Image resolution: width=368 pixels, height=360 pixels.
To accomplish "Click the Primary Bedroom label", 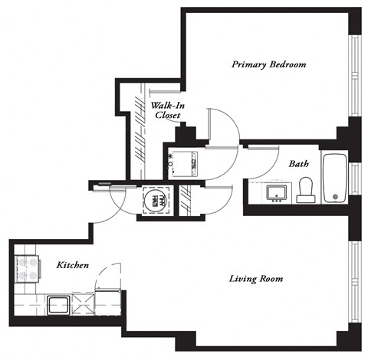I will [x=269, y=65].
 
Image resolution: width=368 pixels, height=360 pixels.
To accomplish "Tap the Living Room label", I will [x=257, y=279].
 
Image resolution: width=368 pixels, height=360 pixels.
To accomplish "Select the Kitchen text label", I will [x=73, y=265].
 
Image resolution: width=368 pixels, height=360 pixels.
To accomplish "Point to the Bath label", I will [x=299, y=164].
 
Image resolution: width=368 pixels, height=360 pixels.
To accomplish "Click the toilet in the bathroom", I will [x=305, y=188].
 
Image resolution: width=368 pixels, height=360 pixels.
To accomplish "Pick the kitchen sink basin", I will [x=57, y=305].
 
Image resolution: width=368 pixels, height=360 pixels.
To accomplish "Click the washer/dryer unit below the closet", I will [x=182, y=162].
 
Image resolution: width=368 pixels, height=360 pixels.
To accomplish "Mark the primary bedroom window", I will [x=353, y=77].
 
